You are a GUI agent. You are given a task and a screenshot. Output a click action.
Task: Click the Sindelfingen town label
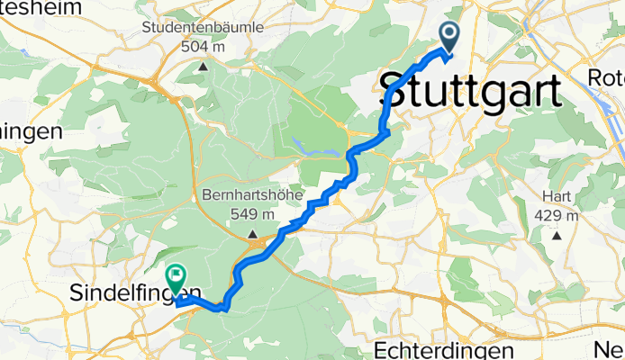(135, 292)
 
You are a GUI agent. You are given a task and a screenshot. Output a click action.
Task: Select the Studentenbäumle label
(203, 28)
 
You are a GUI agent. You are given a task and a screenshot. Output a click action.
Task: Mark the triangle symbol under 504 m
(204, 66)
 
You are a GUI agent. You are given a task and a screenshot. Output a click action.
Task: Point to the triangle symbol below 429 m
(557, 236)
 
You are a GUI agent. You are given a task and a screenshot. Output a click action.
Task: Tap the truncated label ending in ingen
(30, 131)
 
